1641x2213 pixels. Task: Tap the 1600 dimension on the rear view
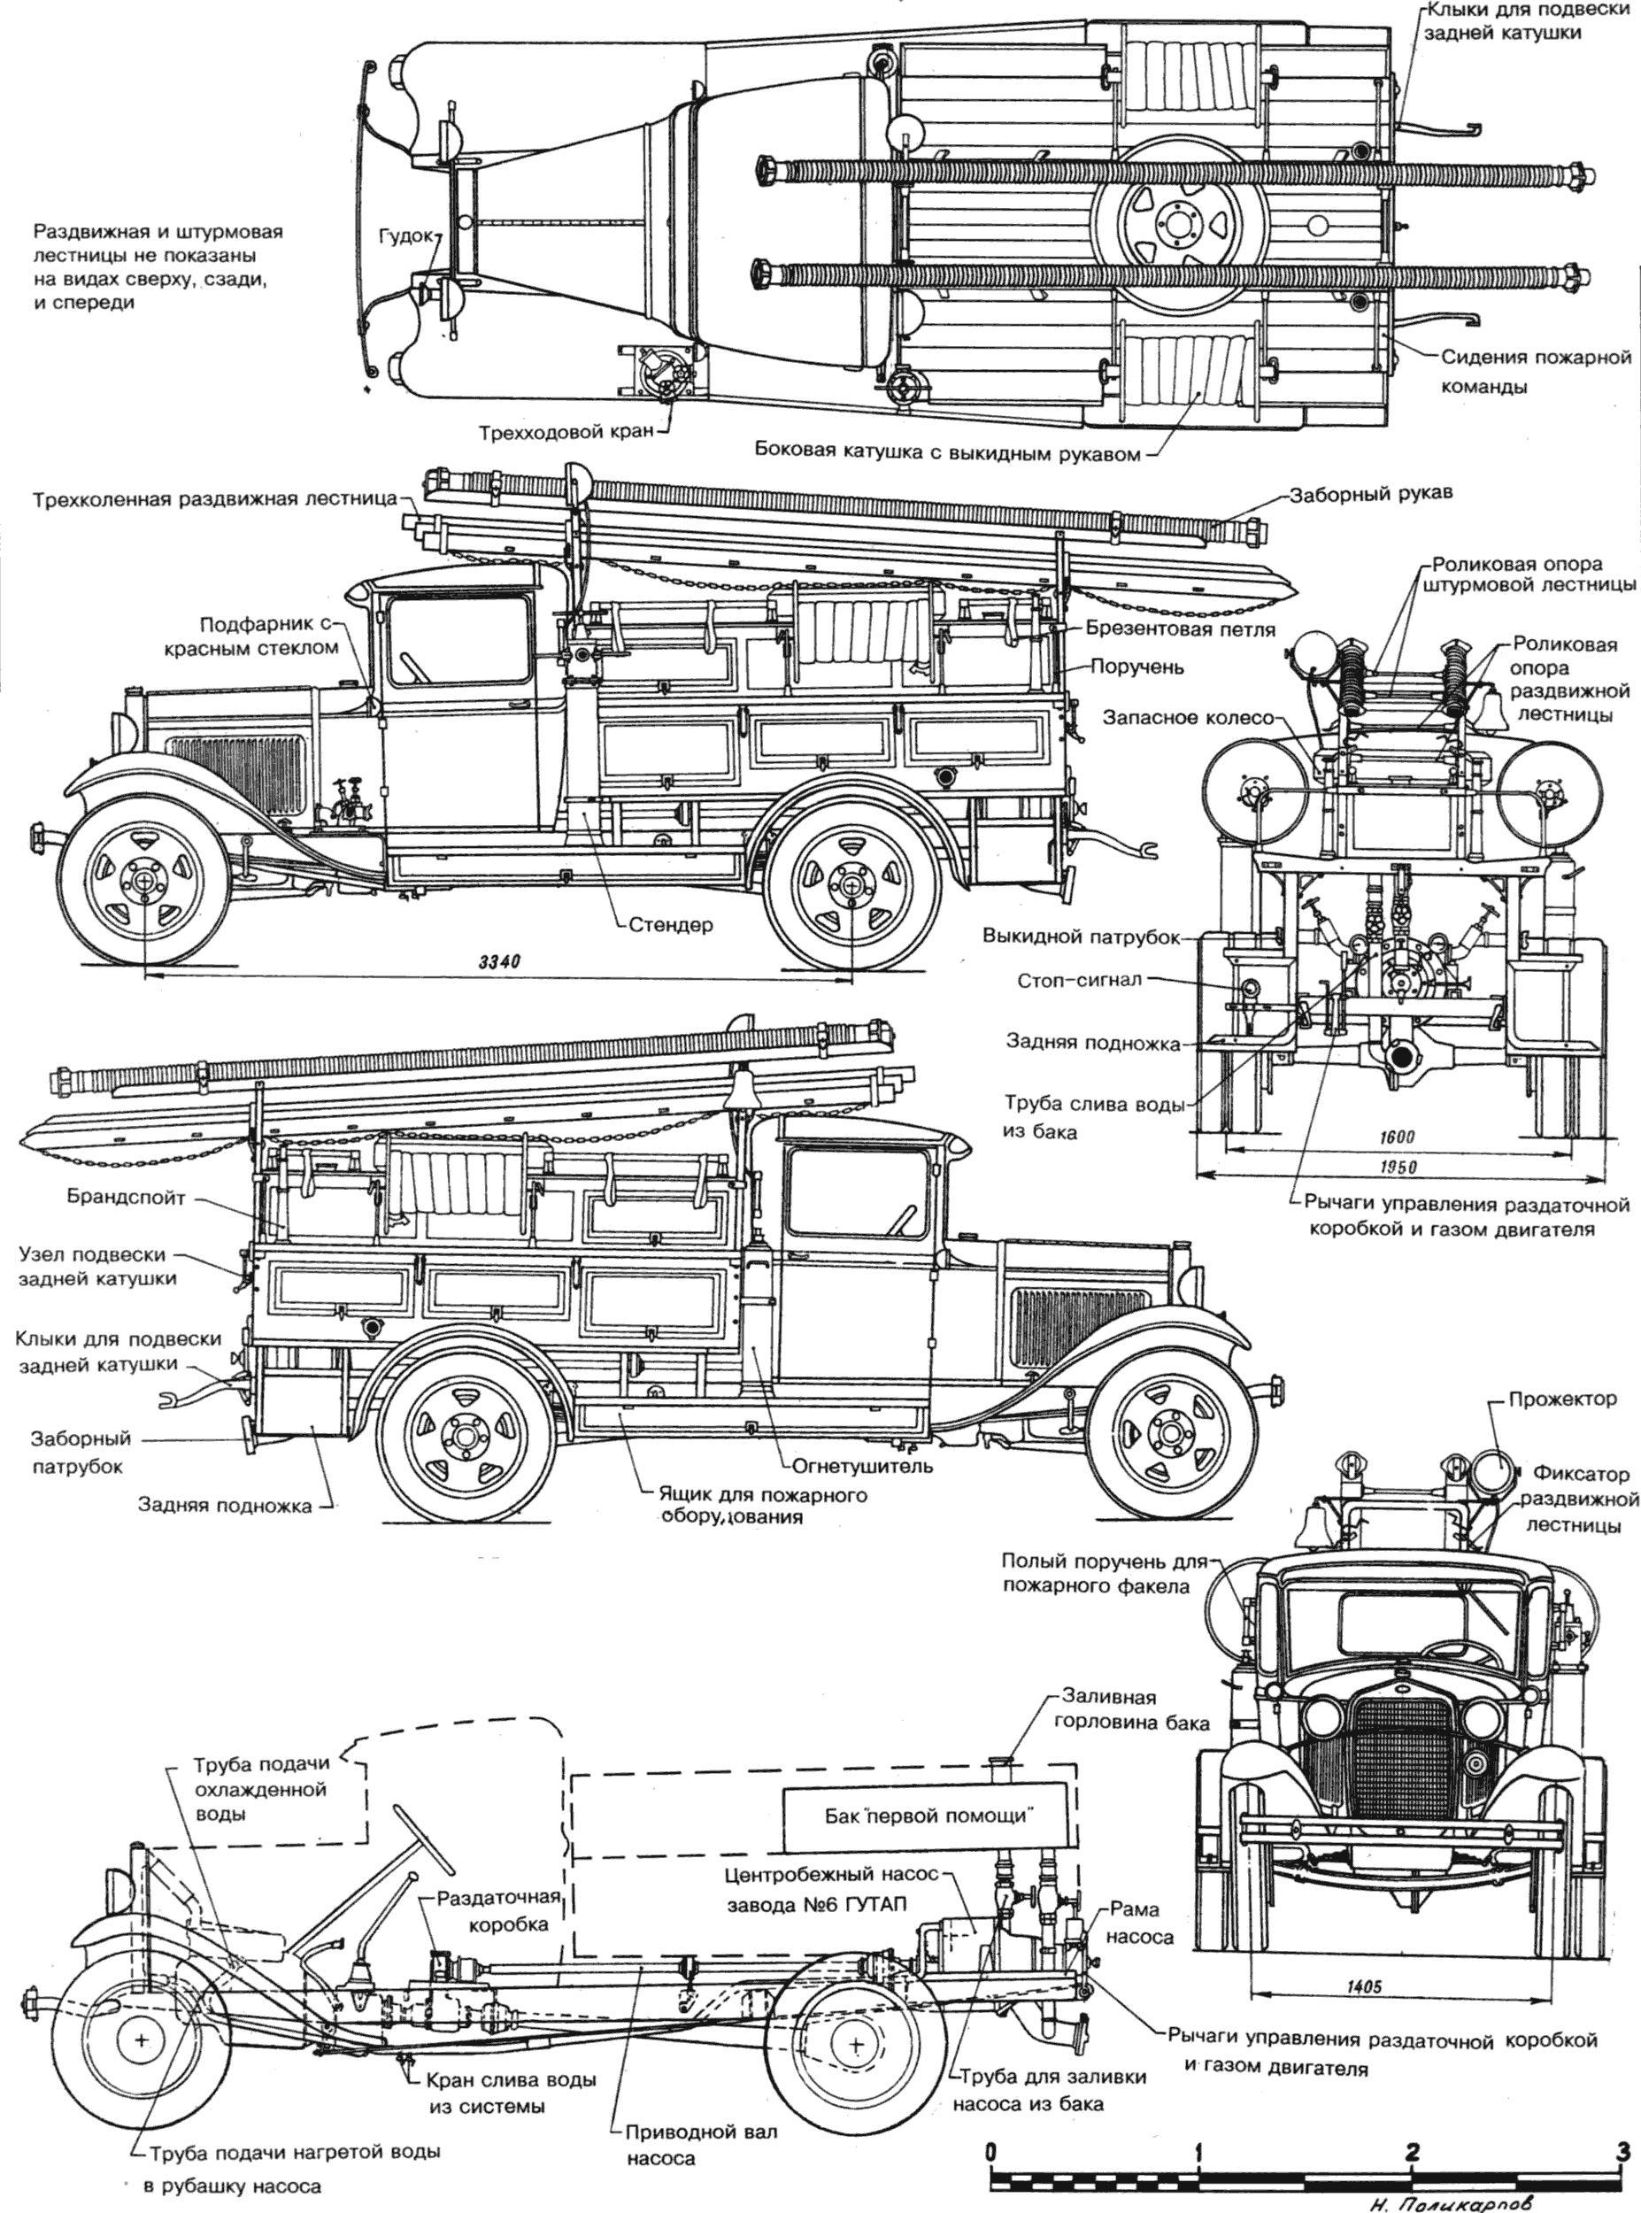[x=1397, y=1137]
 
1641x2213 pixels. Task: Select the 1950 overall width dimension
[x=1398, y=1167]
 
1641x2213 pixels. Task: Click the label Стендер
[x=671, y=926]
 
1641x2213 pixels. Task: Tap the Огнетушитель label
[x=862, y=1465]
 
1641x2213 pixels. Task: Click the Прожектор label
[x=1562, y=1400]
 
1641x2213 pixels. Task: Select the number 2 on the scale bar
[x=1411, y=2150]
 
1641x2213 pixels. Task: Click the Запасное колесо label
[x=1188, y=717]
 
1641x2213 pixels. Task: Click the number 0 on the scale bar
[x=990, y=2150]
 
